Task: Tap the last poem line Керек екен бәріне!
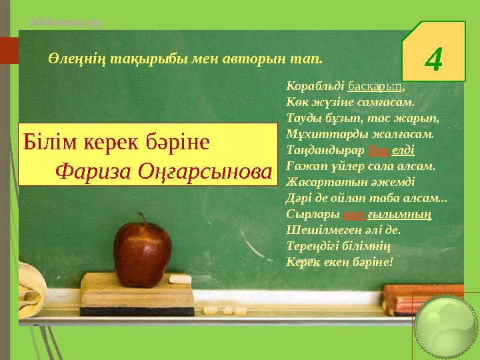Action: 340,261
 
